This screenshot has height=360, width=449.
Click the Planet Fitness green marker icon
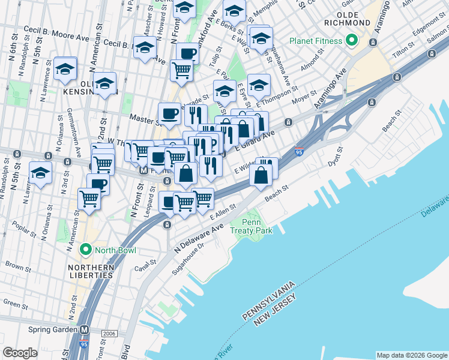click(351, 41)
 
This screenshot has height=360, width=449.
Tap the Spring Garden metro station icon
click(85, 329)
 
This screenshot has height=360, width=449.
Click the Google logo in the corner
click(20, 353)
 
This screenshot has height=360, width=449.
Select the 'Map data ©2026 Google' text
click(411, 355)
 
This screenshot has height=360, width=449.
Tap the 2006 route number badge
click(109, 333)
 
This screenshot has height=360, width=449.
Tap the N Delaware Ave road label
click(199, 238)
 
